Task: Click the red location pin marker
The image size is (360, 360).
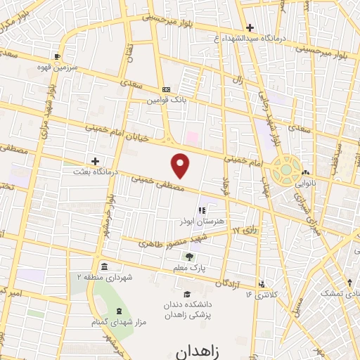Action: click(181, 166)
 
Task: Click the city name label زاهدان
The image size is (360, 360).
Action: click(200, 349)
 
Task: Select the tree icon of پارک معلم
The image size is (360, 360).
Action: click(188, 257)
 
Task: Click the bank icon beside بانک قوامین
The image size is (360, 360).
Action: click(166, 90)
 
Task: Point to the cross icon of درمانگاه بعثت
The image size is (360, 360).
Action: click(96, 161)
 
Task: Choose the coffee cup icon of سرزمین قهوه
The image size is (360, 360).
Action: click(58, 56)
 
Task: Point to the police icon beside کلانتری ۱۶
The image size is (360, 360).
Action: click(262, 284)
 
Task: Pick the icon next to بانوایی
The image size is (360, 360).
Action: click(306, 174)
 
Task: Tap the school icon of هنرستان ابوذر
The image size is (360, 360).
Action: click(201, 210)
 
